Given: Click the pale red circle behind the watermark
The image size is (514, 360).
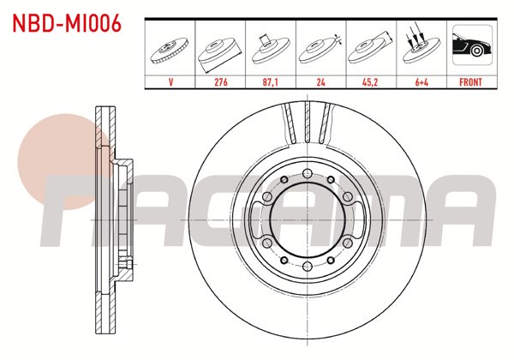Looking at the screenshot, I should [x=57, y=163].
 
